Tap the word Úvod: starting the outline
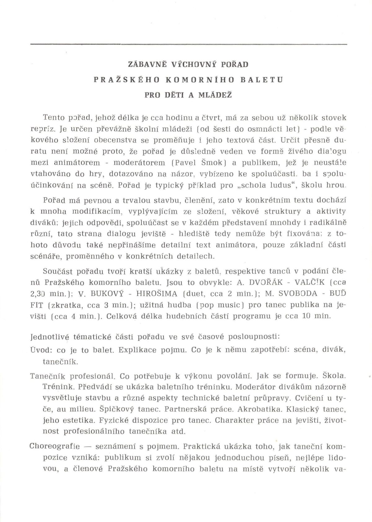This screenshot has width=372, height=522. click(x=42, y=350)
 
